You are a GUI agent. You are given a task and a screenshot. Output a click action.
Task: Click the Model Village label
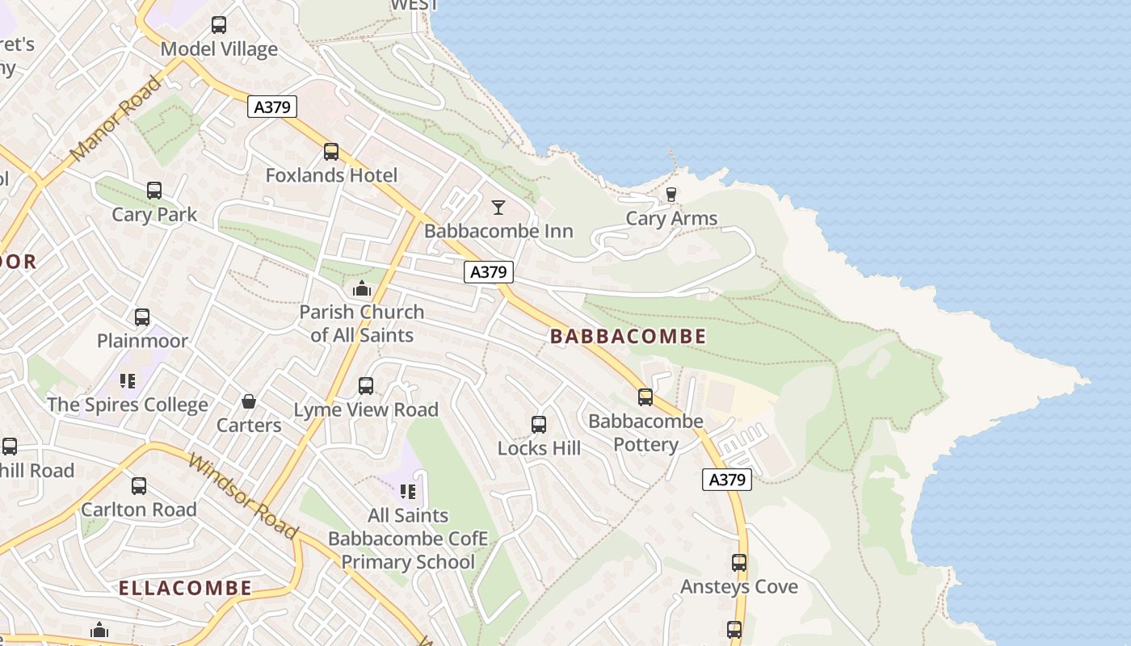[219, 49]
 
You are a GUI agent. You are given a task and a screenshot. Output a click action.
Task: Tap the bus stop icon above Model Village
[219, 25]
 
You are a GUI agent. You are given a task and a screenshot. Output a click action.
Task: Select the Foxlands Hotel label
[331, 175]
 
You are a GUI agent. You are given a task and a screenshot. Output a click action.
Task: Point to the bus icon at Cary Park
[154, 191]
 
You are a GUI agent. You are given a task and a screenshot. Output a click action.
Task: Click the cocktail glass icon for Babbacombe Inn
[498, 208]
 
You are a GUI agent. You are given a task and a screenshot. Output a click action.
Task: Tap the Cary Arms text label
[671, 218]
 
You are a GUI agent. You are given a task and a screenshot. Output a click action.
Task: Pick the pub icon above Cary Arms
[671, 194]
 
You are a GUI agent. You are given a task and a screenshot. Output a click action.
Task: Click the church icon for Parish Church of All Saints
[361, 288]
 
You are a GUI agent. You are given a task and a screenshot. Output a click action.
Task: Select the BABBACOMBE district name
[628, 337]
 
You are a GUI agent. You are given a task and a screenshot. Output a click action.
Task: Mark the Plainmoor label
[142, 341]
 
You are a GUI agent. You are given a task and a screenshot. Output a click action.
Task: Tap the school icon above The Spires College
[127, 380]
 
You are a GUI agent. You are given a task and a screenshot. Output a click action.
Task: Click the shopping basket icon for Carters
[249, 401]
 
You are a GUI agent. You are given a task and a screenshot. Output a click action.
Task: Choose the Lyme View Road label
[366, 410]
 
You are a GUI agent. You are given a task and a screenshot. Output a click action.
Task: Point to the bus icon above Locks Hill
[539, 424]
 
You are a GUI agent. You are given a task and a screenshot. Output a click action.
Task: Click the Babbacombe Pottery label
[645, 433]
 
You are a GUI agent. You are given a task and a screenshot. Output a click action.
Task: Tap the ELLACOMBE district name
[185, 588]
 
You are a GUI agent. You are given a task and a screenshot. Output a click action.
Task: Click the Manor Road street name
[115, 119]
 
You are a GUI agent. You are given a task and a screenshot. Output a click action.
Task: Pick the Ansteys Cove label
[738, 587]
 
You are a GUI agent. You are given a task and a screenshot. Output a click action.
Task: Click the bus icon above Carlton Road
[139, 486]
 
